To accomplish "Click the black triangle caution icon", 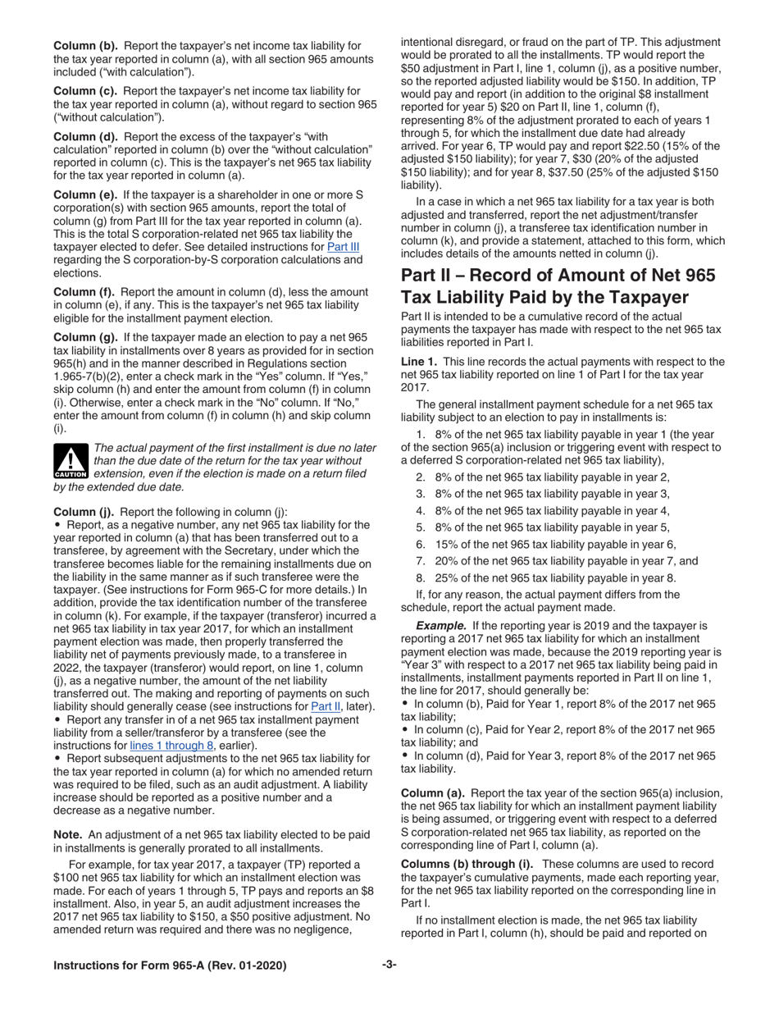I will click(71, 462).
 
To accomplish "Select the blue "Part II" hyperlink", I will click(324, 706).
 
